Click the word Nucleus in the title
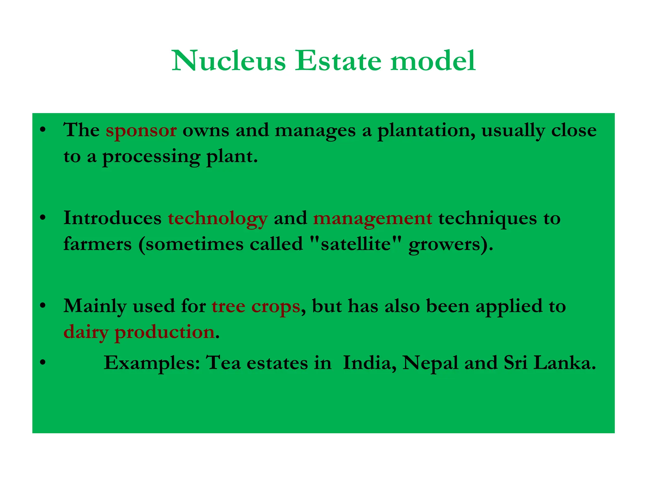point(229,61)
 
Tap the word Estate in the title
point(338,61)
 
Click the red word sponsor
point(141,131)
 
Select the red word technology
point(218,219)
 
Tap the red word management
point(373,219)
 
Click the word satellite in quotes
point(356,244)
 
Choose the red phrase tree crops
point(256,306)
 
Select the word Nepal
point(430,363)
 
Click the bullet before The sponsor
point(43,130)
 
